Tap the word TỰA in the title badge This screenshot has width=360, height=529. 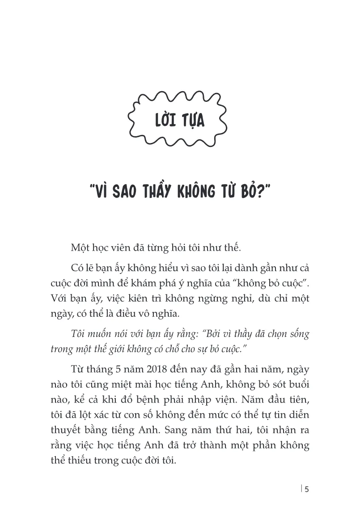[191, 121]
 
